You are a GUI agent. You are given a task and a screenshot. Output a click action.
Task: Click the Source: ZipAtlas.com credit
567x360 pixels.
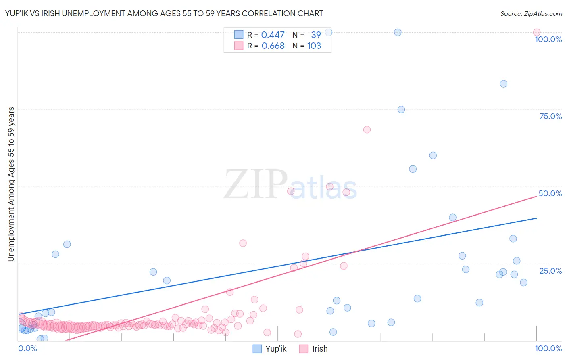click(531, 14)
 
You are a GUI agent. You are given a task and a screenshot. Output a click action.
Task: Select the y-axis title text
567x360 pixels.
click(11, 184)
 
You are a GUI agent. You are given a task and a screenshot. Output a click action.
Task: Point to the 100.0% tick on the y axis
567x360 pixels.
click(548, 39)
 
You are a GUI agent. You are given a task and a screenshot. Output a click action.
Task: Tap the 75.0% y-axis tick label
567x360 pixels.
click(550, 116)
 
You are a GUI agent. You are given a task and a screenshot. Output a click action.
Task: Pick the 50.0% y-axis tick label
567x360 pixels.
click(550, 193)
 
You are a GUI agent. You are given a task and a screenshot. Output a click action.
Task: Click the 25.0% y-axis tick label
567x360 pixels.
click(550, 271)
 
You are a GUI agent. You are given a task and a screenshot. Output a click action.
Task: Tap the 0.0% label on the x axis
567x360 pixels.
click(27, 348)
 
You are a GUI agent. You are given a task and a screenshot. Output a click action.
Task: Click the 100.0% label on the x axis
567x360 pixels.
click(548, 348)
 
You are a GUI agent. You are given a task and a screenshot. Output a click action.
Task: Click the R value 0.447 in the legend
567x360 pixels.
click(273, 35)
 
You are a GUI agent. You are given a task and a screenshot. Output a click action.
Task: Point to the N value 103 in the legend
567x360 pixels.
click(314, 46)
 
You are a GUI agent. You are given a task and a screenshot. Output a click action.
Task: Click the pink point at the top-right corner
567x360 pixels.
click(537, 32)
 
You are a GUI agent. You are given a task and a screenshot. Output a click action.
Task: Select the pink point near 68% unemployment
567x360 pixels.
click(367, 130)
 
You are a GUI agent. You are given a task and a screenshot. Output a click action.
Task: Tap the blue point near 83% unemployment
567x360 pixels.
click(503, 84)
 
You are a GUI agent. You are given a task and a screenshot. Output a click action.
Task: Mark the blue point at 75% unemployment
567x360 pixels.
click(401, 109)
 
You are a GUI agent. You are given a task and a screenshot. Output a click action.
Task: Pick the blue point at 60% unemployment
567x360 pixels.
click(433, 155)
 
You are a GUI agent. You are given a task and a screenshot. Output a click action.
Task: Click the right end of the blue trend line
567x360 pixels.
click(537, 218)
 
